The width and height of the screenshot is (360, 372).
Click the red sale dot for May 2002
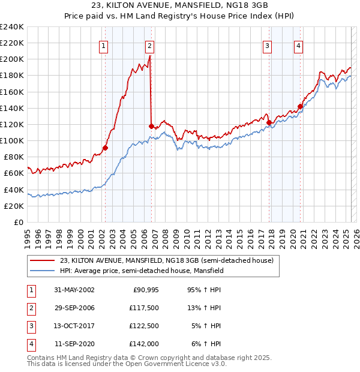tap(105, 148)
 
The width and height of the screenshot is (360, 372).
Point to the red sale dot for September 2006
tap(151, 126)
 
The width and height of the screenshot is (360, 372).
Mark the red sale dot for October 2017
tap(269, 122)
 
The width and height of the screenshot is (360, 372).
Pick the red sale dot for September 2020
tap(300, 106)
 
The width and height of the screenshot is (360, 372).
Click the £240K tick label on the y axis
tap(12, 26)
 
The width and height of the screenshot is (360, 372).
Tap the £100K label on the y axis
tap(12, 140)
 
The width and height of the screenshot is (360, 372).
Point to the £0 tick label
tap(18, 222)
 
